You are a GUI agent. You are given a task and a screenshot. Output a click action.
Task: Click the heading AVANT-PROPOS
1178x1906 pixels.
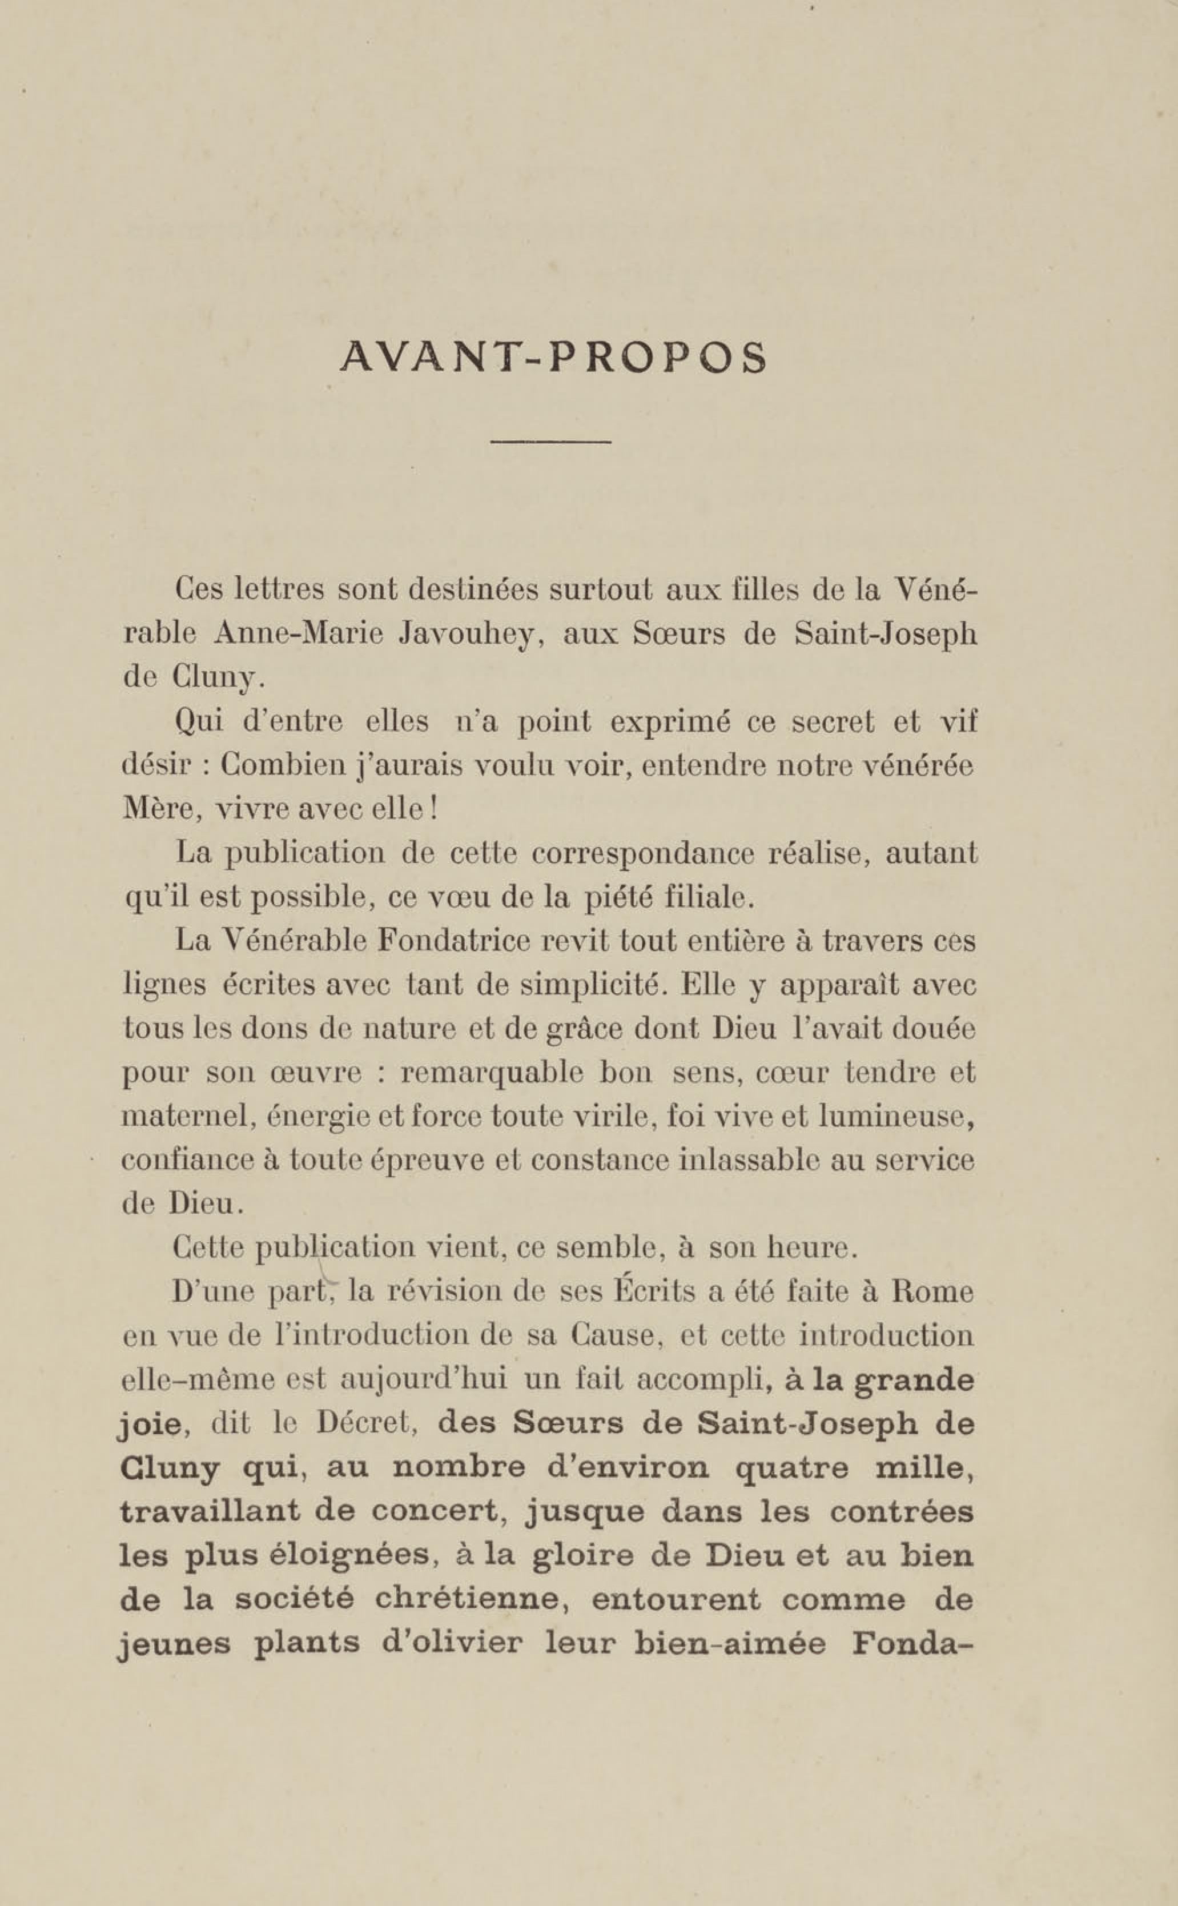coord(553,357)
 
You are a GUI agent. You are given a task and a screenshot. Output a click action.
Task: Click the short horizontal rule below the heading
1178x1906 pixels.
coord(550,443)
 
